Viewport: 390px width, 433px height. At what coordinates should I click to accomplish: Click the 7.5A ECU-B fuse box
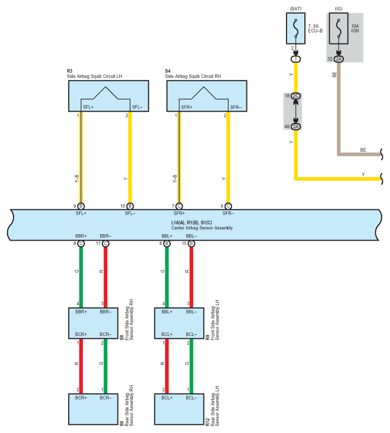click(x=296, y=28)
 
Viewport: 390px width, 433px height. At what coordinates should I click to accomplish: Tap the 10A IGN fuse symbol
click(x=339, y=28)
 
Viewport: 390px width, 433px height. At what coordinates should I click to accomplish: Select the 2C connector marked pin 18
click(x=296, y=96)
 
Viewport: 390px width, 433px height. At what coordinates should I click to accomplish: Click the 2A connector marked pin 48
click(x=296, y=126)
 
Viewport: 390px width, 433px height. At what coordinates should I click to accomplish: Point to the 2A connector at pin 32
click(x=339, y=59)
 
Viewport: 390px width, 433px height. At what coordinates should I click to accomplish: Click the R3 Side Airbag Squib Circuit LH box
click(x=108, y=96)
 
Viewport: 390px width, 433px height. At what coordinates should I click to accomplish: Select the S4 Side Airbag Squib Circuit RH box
click(x=207, y=96)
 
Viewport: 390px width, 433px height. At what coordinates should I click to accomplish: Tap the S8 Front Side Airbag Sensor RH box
click(x=93, y=323)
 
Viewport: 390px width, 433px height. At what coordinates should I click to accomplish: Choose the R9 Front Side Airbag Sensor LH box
click(x=179, y=323)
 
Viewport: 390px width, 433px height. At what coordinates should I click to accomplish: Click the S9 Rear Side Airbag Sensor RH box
click(x=93, y=409)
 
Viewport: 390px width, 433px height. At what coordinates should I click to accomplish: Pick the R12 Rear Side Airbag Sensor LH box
click(x=179, y=409)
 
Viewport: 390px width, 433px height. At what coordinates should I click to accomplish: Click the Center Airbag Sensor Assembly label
click(x=202, y=228)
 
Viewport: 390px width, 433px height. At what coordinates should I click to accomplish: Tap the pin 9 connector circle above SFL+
click(x=81, y=206)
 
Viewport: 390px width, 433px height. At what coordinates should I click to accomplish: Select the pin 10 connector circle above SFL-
click(x=130, y=206)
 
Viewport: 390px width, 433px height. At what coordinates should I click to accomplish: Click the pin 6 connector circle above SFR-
click(x=228, y=206)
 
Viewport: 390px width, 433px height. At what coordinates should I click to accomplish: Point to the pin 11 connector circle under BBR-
click(x=106, y=243)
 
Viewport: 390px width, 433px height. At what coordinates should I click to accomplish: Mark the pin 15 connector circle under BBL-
click(x=191, y=243)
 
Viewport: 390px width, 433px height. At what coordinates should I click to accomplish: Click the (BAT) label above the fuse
click(x=296, y=9)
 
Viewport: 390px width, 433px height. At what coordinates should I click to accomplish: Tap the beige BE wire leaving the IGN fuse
click(x=339, y=108)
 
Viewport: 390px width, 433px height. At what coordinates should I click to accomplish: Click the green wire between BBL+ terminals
click(x=167, y=277)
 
